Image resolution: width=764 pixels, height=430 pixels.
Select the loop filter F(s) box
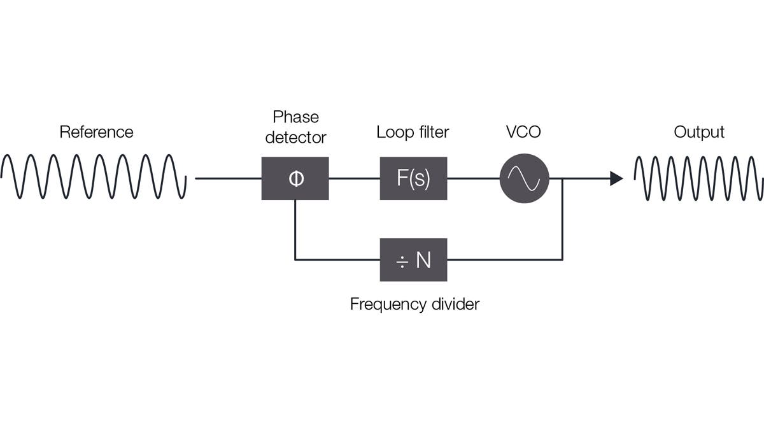click(413, 178)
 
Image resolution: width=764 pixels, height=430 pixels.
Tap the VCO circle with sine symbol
click(524, 178)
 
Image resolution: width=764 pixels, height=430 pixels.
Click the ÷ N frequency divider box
click(413, 260)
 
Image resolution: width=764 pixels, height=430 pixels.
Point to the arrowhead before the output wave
click(616, 178)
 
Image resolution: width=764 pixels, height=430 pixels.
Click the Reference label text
click(96, 132)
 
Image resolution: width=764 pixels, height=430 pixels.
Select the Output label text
click(698, 132)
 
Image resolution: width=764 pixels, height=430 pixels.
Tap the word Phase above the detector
click(295, 117)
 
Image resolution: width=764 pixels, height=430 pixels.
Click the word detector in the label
click(295, 137)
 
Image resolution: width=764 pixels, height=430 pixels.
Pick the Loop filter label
click(413, 132)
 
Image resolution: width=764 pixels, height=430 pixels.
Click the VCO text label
click(523, 132)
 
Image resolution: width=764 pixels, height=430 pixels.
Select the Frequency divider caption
click(414, 304)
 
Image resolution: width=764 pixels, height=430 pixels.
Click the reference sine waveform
click(94, 176)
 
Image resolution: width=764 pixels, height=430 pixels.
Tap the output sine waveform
click(698, 176)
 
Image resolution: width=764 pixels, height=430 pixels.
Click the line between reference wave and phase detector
click(227, 178)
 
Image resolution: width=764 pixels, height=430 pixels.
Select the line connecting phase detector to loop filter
click(354, 178)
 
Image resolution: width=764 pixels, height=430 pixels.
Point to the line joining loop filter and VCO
click(473, 178)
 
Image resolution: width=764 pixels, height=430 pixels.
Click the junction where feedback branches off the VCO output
click(562, 178)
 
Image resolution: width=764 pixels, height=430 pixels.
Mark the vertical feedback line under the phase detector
click(295, 229)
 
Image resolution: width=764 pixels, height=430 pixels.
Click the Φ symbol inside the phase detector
click(296, 178)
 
